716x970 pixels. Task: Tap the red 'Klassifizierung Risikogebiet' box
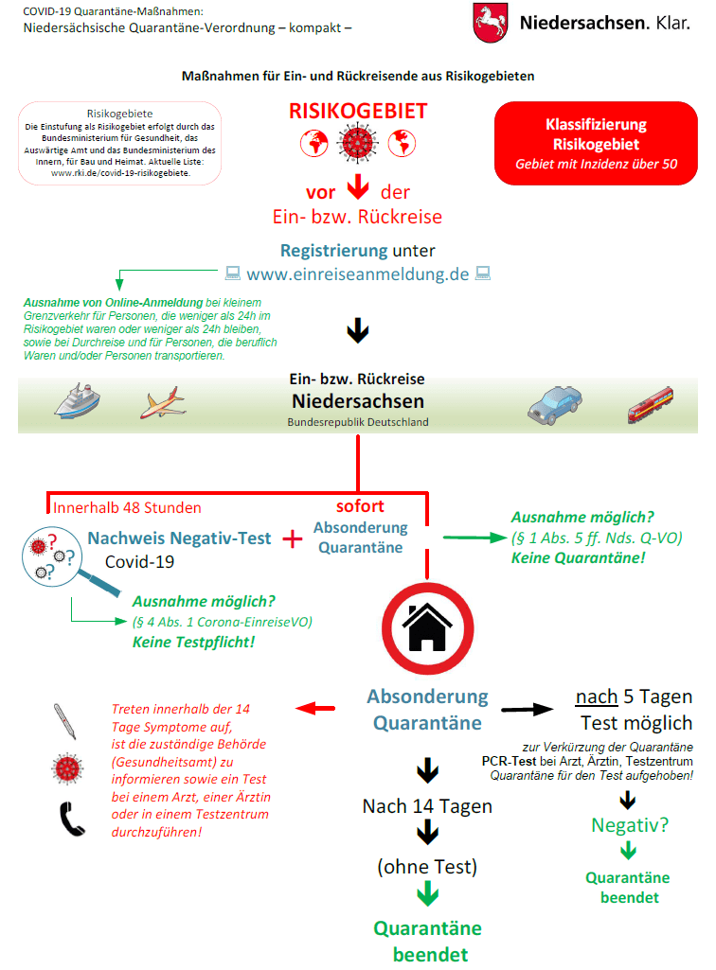coord(596,144)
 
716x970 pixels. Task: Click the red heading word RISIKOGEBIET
coord(358,111)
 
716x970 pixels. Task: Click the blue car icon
coord(554,404)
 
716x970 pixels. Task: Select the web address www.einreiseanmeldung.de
coord(358,275)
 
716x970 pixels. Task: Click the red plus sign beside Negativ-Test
coord(293,538)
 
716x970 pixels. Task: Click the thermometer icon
coord(65,720)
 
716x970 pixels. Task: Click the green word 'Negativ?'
coord(630,824)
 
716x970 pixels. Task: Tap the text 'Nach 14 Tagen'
coord(427,806)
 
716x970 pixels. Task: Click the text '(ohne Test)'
coord(427,866)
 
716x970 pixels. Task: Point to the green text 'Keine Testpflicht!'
coord(194,642)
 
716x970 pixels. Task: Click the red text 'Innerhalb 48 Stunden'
coord(127,507)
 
